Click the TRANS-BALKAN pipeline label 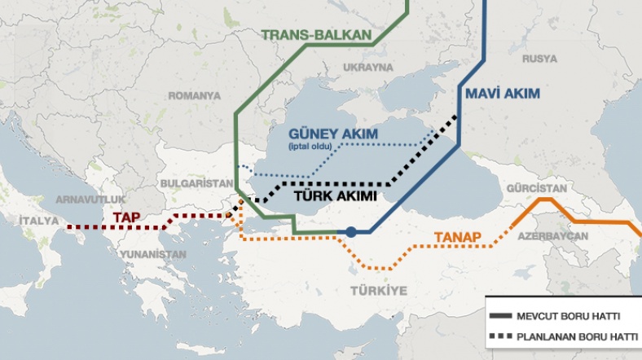tap(316, 35)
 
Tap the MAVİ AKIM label tap(502, 94)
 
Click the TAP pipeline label tap(125, 217)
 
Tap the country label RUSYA tap(539, 59)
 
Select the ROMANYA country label tap(194, 95)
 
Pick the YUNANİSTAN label tap(153, 254)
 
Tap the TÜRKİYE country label tap(378, 291)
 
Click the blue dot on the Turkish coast tap(350, 232)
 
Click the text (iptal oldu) tap(310, 147)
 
